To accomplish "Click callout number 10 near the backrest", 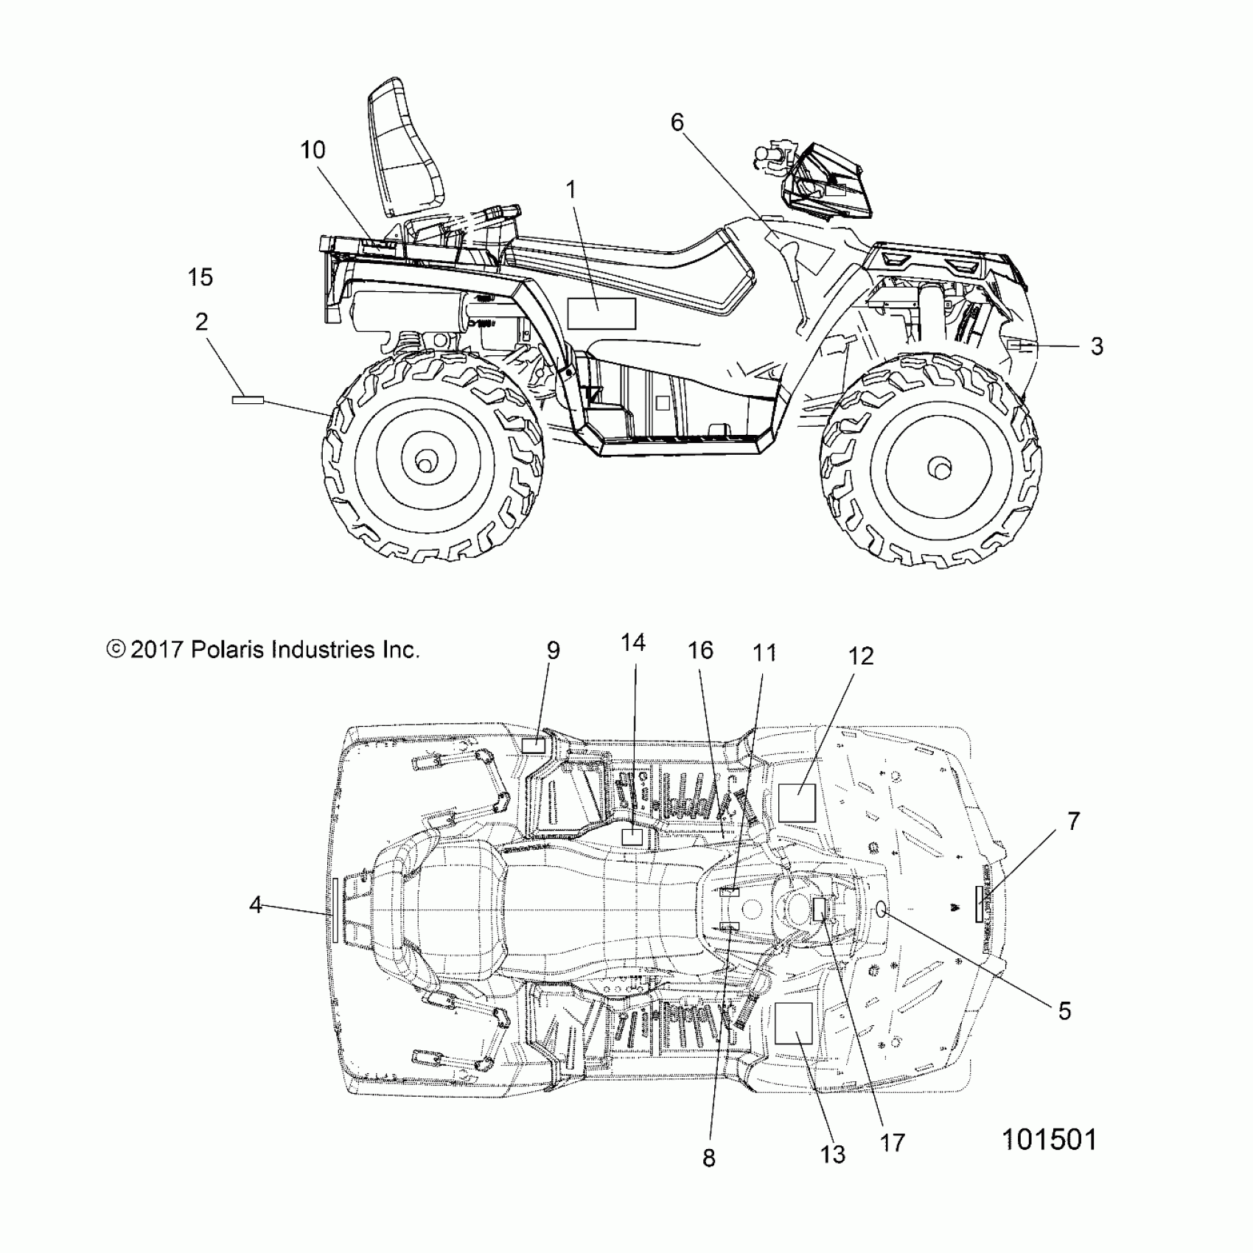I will (x=313, y=150).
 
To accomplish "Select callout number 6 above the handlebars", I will (x=677, y=122).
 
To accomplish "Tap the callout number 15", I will (x=200, y=278).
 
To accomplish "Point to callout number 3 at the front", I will (x=1097, y=346).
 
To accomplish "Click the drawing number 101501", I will (x=1049, y=1140).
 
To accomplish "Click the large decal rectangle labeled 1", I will (x=601, y=313).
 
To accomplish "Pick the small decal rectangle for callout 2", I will (x=248, y=399).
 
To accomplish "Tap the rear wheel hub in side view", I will (x=425, y=462).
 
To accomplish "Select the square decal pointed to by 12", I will (x=797, y=802).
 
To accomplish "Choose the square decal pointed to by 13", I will (x=793, y=1023).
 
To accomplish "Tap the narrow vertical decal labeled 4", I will (x=335, y=910).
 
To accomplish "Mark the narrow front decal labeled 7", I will (x=979, y=904).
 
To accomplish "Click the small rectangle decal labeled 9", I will (x=533, y=745).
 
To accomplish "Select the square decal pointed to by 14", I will (x=632, y=837).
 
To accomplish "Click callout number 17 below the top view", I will (x=892, y=1143).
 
